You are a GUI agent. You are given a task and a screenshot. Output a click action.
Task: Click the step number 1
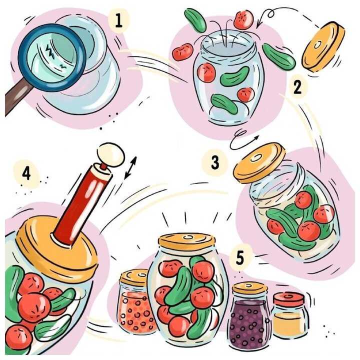pos(118,20)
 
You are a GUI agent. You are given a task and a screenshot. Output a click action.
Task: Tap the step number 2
pos(297,87)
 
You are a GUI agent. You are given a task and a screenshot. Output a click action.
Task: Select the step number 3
pos(215,162)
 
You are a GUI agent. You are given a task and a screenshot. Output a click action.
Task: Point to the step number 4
pos(26,173)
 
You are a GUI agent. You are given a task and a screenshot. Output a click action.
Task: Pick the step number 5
pos(239,257)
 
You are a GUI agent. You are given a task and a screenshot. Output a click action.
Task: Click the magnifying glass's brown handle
pos(16,96)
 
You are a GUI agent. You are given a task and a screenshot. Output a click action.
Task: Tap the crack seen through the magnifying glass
pos(50,51)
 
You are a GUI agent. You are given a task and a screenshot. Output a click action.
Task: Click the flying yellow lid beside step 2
pos(323,46)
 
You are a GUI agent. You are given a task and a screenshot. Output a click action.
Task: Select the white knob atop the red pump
pos(111,154)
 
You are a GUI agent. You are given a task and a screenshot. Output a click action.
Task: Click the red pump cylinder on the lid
pos(81,204)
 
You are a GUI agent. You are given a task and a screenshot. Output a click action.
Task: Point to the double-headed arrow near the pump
pos(130,167)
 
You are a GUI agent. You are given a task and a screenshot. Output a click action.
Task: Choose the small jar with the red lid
pos(290,314)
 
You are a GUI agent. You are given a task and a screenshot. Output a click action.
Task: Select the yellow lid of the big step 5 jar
pos(186,241)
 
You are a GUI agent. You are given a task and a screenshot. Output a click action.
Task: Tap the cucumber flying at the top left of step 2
pos(195,20)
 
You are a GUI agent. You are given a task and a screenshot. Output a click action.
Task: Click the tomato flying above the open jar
pos(243,19)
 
